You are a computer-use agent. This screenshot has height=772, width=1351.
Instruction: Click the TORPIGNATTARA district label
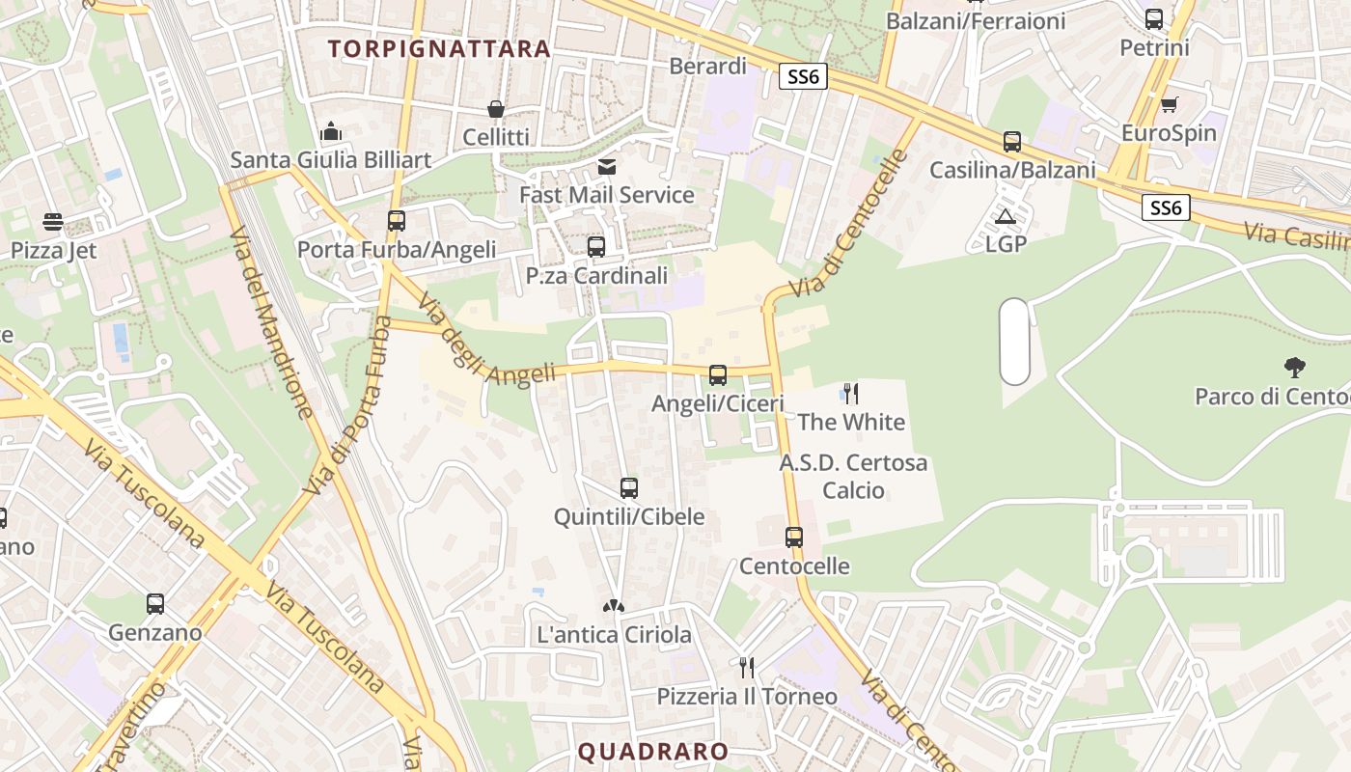point(439,48)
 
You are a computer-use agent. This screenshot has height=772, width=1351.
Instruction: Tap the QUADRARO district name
point(653,752)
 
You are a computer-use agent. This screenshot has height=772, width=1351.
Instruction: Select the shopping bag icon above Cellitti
point(495,110)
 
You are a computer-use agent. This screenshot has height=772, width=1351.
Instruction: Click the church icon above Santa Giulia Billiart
point(331,131)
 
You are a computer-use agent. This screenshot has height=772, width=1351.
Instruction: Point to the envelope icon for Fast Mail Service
point(606,167)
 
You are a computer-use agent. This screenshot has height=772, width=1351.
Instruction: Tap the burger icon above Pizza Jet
point(53,223)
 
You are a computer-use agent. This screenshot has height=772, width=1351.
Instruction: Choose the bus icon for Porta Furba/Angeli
point(397,221)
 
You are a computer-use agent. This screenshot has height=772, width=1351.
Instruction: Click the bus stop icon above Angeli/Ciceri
point(718,375)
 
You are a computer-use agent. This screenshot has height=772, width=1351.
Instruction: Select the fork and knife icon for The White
point(851,394)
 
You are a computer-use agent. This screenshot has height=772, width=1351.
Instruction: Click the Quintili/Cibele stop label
point(629,517)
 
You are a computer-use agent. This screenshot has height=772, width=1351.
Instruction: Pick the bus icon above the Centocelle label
point(794,538)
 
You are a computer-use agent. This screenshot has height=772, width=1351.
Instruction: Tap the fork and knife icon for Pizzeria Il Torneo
point(746,668)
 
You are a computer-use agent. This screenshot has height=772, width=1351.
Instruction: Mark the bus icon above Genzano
point(155,605)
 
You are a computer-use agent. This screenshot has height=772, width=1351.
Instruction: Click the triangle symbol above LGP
point(1006,217)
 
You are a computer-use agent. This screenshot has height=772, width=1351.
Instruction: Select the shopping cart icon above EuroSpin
point(1170,104)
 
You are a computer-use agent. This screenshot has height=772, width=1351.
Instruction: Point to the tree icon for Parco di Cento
point(1295,368)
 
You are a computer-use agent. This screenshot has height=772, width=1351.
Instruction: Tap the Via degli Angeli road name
point(486,345)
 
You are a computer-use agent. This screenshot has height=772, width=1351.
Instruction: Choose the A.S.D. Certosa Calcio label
point(853,477)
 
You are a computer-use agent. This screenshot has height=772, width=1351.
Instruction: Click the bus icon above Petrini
point(1154,19)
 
